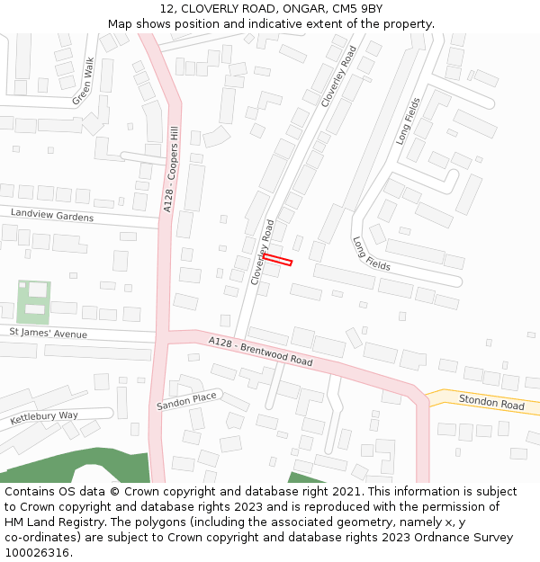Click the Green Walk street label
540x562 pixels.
83,82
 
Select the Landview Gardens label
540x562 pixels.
52,217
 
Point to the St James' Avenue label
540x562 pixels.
49,334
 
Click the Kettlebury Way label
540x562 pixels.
44,418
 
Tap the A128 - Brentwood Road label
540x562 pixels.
260,352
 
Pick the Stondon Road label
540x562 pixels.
491,402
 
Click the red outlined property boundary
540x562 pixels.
277,260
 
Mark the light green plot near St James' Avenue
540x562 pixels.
33,302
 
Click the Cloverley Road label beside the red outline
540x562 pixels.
262,253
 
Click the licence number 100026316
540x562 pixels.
38,553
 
